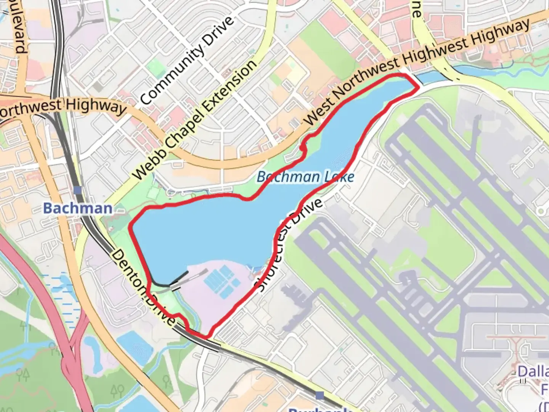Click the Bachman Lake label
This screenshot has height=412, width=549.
pyautogui.click(x=305, y=177)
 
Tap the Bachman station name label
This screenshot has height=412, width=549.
pyautogui.click(x=78, y=208)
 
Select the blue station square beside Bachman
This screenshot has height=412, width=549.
pyautogui.click(x=78, y=190)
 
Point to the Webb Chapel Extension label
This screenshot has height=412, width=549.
pyautogui.click(x=195, y=120)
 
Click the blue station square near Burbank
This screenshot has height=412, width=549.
pyautogui.click(x=320, y=395)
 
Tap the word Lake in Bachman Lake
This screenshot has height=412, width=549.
pyautogui.click(x=339, y=177)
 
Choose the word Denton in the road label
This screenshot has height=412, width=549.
pyautogui.click(x=127, y=270)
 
